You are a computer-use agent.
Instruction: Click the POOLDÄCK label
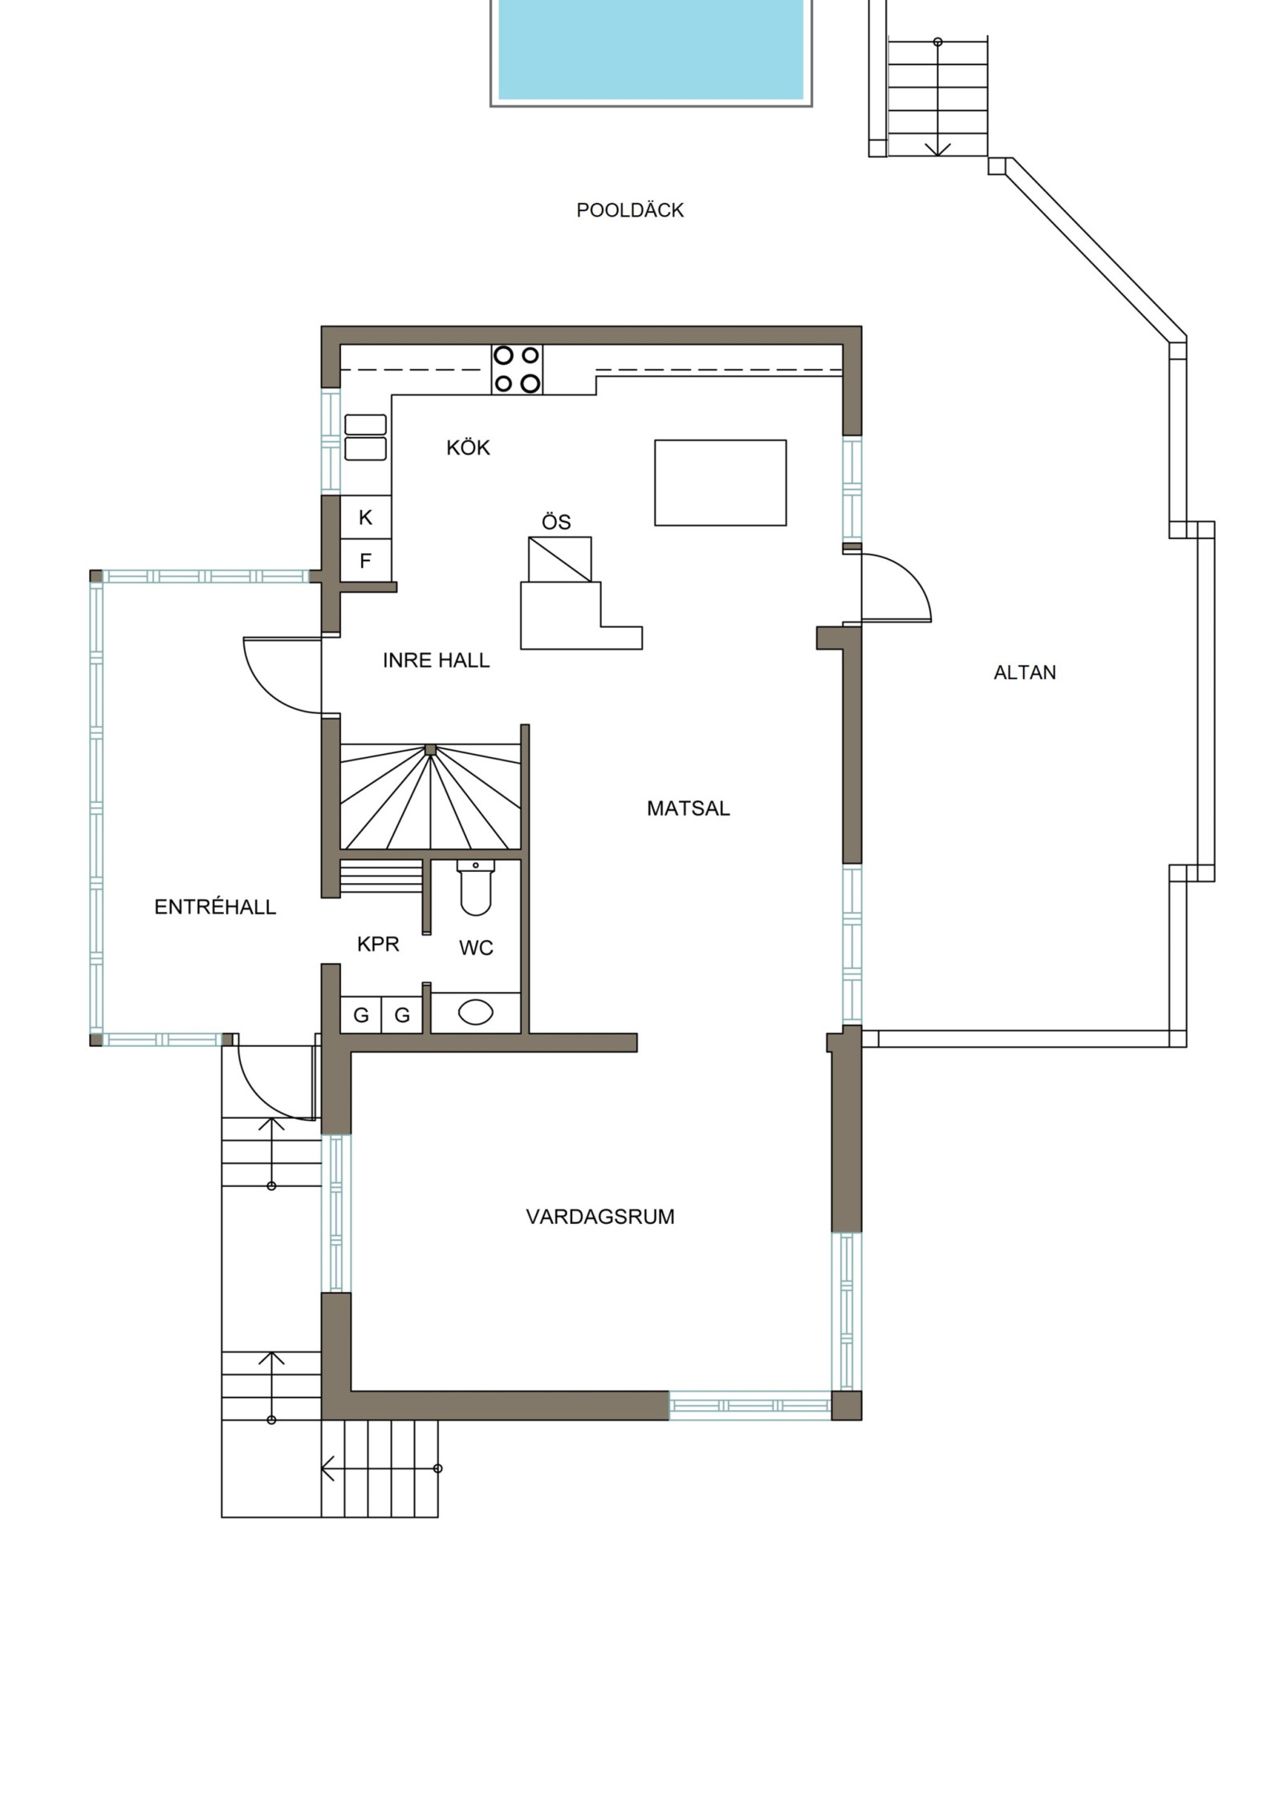click(630, 210)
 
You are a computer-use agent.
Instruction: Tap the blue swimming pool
click(651, 50)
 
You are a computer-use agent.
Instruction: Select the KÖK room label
click(468, 448)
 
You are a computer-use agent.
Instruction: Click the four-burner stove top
click(517, 369)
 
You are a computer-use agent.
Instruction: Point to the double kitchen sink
click(365, 437)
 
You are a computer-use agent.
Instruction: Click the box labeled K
click(366, 517)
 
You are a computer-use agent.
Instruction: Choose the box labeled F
click(366, 560)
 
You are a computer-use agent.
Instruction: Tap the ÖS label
click(556, 522)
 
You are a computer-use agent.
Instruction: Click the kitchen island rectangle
click(721, 483)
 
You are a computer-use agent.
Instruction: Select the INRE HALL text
click(436, 660)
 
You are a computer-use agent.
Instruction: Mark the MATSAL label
click(689, 808)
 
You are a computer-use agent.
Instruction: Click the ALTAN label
click(1025, 672)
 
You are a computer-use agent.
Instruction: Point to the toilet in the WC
click(476, 888)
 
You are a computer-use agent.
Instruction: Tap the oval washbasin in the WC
click(476, 1012)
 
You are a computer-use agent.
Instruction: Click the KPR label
click(378, 944)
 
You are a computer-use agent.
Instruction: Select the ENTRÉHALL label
click(215, 907)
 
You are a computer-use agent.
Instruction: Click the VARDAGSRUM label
click(600, 1217)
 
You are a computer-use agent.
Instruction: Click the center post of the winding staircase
click(431, 749)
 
